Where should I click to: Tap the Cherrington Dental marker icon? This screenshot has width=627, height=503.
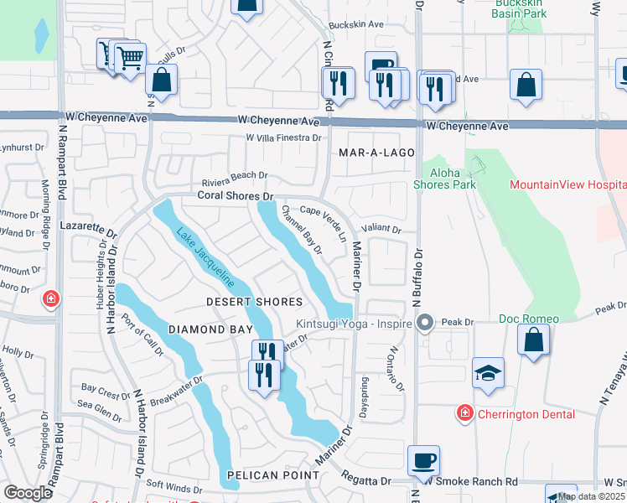[464, 412]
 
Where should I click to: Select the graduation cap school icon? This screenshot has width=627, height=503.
[488, 373]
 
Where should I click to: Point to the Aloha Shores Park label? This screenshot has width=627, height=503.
[444, 179]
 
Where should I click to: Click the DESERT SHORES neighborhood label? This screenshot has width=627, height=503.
[255, 302]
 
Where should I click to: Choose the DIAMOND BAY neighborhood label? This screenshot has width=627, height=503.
[210, 329]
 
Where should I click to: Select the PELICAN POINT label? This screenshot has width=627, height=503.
[272, 475]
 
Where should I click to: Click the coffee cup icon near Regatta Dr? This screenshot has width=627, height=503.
[424, 460]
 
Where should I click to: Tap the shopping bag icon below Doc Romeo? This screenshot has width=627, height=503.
[533, 340]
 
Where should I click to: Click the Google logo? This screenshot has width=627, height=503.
[27, 493]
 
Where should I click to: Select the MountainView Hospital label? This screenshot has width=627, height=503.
[567, 184]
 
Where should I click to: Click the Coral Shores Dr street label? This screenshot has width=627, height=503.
[236, 196]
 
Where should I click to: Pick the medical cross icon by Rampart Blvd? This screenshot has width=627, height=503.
[51, 298]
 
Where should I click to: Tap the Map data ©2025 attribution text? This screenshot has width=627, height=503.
[592, 496]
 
